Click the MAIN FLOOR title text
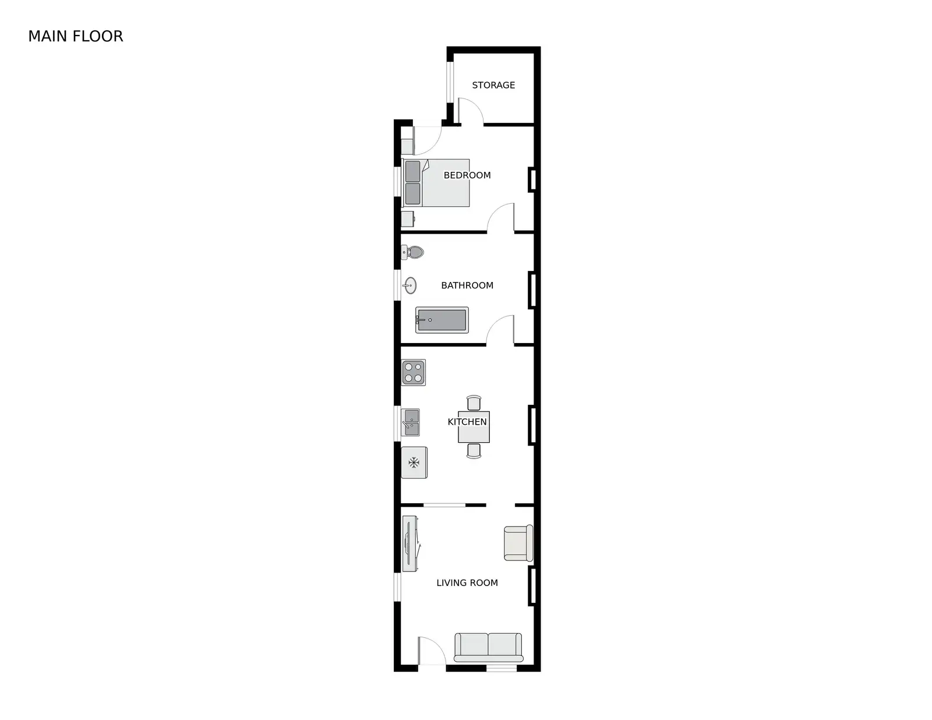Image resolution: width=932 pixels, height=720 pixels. (x=76, y=37)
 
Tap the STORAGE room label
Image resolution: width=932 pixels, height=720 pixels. (x=493, y=85)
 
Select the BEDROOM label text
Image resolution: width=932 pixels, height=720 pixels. (x=467, y=175)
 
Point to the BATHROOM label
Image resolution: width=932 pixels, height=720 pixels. (x=467, y=285)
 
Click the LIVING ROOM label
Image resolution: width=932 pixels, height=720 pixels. (x=467, y=583)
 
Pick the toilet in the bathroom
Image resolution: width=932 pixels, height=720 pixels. (x=412, y=252)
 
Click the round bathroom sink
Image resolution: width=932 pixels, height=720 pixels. (x=409, y=285)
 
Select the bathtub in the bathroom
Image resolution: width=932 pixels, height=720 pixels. (x=442, y=320)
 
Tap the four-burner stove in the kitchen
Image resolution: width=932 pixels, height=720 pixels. (x=414, y=373)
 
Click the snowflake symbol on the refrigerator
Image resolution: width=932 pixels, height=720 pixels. (x=414, y=463)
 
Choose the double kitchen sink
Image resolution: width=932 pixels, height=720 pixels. (x=411, y=422)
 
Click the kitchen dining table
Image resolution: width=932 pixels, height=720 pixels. (x=474, y=427)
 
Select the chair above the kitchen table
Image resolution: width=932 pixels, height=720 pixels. (x=474, y=403)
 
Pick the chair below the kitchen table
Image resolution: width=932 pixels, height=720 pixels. (x=474, y=451)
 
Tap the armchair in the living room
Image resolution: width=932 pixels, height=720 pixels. (x=518, y=543)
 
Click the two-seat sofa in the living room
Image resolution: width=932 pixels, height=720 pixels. (x=488, y=648)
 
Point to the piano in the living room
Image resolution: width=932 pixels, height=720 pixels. (x=411, y=543)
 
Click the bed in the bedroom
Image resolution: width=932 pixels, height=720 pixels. (x=435, y=183)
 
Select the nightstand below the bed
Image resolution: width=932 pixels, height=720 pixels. (x=408, y=219)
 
